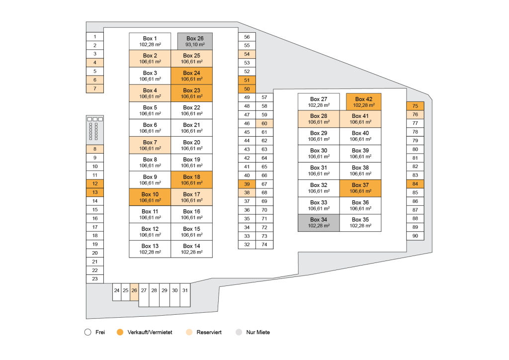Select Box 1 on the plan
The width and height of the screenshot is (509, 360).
[x=150, y=41]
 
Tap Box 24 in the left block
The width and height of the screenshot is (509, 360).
[x=191, y=76]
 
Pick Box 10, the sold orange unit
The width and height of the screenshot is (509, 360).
[x=150, y=197]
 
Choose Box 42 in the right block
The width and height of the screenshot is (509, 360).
[x=363, y=102]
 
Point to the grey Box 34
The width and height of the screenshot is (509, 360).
[x=318, y=223]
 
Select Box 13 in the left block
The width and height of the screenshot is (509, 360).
[x=150, y=249]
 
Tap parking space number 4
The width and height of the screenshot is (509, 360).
[x=94, y=63]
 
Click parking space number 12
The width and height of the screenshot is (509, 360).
[x=94, y=183]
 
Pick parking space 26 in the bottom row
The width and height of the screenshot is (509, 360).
[x=134, y=290]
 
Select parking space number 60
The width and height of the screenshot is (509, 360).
[x=264, y=123]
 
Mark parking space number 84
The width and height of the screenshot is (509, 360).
[x=415, y=184]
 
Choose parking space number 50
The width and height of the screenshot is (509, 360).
[x=247, y=89]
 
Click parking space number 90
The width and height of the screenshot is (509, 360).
[x=415, y=236]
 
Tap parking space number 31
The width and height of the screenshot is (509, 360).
[x=184, y=290]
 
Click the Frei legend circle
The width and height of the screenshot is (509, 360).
[x=87, y=332]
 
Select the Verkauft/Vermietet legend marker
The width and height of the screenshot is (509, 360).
[x=120, y=332]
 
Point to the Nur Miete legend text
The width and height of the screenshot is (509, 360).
[x=258, y=332]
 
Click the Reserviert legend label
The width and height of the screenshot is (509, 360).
[x=209, y=332]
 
